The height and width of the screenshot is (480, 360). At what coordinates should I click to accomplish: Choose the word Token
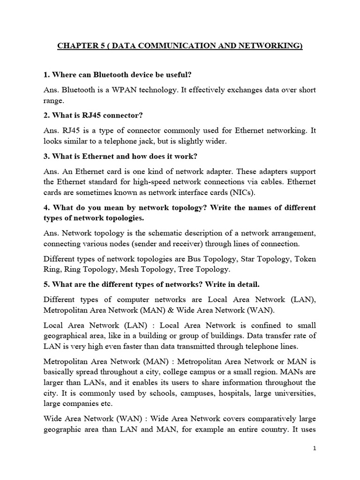pos(305,258)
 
